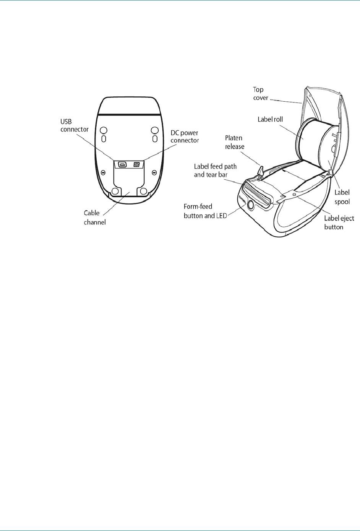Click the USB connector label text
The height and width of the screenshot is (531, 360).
pos(75,125)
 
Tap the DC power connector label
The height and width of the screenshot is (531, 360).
pos(185,136)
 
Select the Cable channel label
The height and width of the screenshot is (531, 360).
pos(94,218)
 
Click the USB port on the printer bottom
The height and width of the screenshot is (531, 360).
pos(123,165)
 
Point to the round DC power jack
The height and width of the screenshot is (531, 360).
pos(136,165)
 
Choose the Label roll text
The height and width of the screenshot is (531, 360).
pos(270,119)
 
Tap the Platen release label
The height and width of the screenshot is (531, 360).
pos(234,142)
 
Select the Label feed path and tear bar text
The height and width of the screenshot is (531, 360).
pos(215,171)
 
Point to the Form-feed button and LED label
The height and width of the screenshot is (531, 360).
pos(205,211)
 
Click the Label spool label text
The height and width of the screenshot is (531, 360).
pos(342,197)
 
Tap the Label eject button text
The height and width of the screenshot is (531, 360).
pos(339,222)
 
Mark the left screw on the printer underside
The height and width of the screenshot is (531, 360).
pos(103,173)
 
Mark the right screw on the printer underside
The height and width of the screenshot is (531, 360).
pos(154,173)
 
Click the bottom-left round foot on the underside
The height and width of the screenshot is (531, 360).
pos(114,191)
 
